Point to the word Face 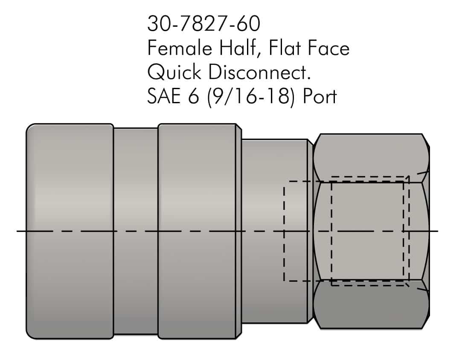pos(328,48)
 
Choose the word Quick pos(174,73)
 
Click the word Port pos(320,97)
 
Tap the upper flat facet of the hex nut pos(370,158)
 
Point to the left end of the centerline pos(18,231)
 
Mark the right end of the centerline pos(437,231)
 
